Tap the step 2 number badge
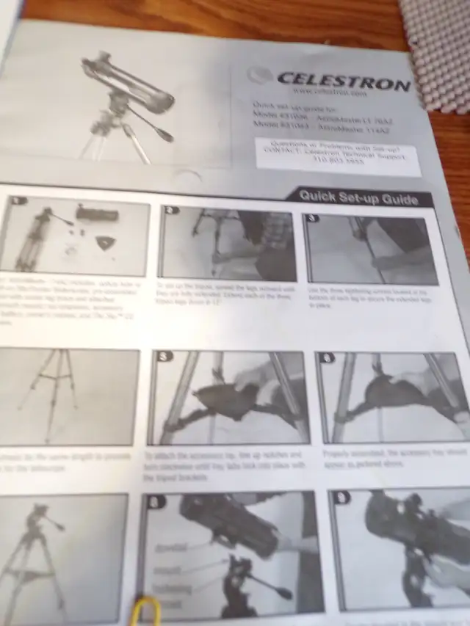(172, 210)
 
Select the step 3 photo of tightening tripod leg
(371, 250)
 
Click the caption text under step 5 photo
(228, 466)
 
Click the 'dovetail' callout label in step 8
(170, 547)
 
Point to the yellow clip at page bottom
(146, 611)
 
